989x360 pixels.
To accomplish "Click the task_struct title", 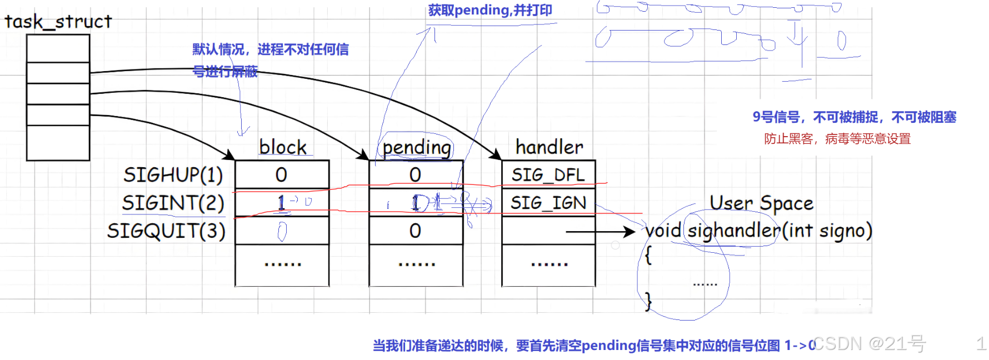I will (58, 22).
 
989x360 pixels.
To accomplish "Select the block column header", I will (283, 147).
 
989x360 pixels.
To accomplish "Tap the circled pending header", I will (417, 148).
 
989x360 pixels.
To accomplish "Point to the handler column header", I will (549, 147).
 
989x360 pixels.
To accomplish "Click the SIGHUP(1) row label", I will (173, 175).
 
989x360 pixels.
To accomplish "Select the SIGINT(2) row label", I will (173, 203).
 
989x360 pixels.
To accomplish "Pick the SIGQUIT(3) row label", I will (166, 231).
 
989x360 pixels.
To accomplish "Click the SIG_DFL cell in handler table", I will (548, 175).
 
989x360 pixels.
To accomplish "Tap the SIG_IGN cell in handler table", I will (548, 203).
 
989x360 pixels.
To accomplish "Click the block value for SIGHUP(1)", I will (281, 175).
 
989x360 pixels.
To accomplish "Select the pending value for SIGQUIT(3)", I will (415, 231).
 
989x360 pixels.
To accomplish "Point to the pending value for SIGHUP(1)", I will (415, 175).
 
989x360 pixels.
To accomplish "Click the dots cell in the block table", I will (282, 264).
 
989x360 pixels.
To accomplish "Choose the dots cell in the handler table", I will (549, 264).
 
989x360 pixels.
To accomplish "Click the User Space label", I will (761, 203).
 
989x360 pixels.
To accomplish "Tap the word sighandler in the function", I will (733, 231).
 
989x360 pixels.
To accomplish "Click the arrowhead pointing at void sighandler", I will (630, 232).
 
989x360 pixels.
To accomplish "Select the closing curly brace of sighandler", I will (648, 301).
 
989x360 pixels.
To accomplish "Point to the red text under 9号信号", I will (837, 139).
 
